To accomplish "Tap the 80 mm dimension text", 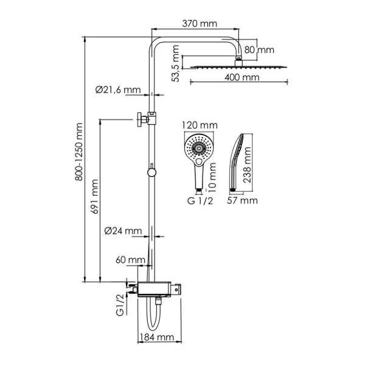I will (260, 49).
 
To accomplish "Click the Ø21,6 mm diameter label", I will (118, 90).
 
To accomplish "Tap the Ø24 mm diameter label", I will (122, 231).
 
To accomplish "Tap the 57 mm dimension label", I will (243, 200).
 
